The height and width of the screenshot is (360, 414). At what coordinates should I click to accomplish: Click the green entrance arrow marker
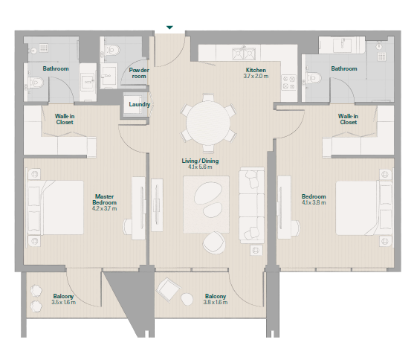coord(169,28)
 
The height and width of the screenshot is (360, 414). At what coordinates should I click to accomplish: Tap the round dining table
coord(208,123)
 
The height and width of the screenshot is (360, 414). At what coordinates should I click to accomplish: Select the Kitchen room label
coord(256,70)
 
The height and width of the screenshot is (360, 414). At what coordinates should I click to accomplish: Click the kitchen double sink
coord(244,54)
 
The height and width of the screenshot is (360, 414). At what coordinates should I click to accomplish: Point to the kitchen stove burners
coord(288,83)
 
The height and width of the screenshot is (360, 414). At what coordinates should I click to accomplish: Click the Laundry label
coord(140,104)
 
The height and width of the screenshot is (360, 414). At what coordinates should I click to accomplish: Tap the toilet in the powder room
coord(112,50)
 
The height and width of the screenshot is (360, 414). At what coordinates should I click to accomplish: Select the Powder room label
coord(139,73)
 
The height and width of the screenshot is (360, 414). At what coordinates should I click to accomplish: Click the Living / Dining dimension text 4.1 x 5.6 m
coord(200,167)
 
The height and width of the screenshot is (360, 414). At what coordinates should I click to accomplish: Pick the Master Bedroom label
coord(105,199)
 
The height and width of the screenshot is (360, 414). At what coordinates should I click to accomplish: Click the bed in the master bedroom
coord(56,208)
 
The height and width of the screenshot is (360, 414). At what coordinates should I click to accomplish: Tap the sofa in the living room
coord(251,205)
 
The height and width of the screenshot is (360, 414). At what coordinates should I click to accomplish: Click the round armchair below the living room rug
coord(214,242)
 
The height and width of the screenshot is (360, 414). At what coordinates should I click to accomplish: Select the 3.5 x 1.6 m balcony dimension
coord(64,302)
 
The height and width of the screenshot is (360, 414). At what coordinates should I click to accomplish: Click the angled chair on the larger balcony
coord(168,289)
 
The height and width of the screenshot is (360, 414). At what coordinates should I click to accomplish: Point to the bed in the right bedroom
coord(363,208)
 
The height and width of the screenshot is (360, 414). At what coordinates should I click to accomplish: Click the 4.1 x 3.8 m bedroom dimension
coord(314,203)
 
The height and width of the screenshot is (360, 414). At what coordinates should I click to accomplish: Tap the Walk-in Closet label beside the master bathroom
coord(65,119)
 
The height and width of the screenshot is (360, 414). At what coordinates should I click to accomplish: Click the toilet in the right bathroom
coord(314,77)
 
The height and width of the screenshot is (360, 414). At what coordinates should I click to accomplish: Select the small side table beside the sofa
coord(256,250)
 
